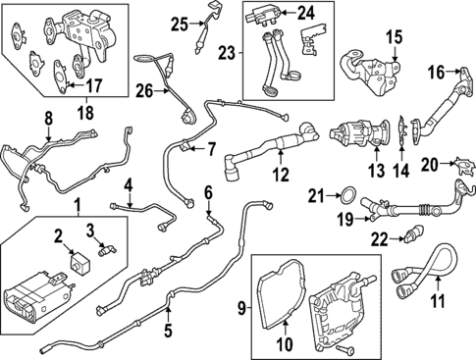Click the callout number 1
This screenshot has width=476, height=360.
tap(79, 208)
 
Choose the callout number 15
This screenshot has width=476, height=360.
tap(395, 38)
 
